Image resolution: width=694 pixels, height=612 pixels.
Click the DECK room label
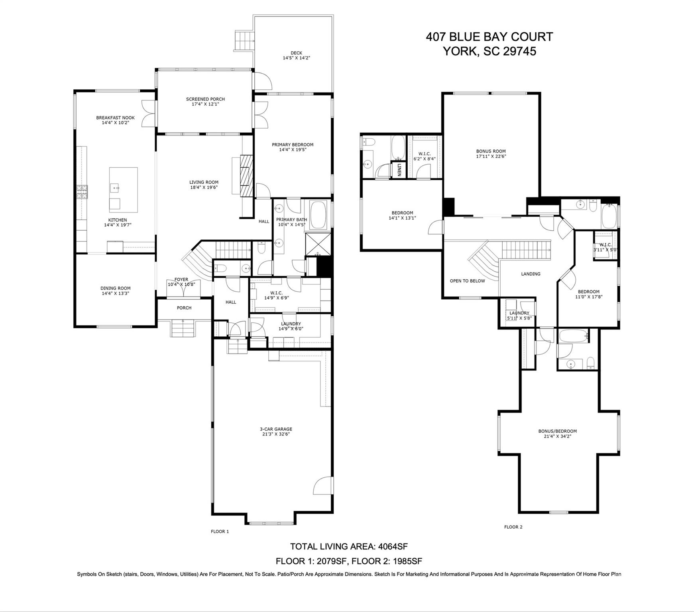(296, 53)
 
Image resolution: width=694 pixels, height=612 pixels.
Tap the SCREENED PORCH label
(205, 99)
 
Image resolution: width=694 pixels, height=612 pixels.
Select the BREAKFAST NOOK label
(115, 118)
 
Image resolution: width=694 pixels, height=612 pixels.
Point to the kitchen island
(124, 190)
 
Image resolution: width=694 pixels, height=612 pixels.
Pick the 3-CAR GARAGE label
(276, 429)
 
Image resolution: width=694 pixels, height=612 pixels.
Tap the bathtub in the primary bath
(318, 215)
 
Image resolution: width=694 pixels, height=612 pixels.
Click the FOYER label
(181, 279)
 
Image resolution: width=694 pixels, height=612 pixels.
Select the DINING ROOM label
(115, 288)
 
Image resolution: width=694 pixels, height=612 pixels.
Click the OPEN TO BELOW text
(467, 281)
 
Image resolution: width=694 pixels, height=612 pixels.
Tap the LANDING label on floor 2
(531, 274)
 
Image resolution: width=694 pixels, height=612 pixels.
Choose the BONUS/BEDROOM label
(557, 431)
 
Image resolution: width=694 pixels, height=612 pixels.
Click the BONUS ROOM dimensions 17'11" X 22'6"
(491, 156)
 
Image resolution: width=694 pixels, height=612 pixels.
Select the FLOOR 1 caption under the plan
(220, 532)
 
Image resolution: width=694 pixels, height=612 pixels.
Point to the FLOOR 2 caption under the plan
(513, 527)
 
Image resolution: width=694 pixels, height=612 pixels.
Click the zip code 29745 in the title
(519, 51)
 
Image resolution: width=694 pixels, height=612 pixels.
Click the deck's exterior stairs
(244, 40)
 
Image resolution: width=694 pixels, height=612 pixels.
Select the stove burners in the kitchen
(82, 192)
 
